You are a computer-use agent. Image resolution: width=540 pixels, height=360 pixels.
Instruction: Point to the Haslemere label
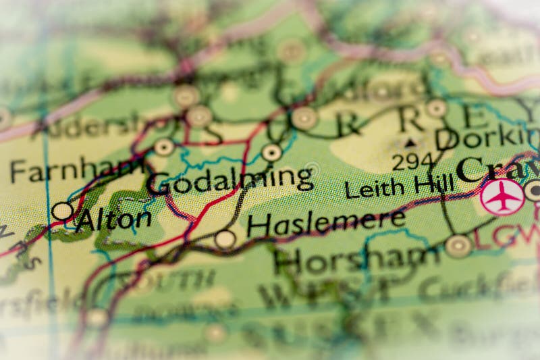click(326, 222)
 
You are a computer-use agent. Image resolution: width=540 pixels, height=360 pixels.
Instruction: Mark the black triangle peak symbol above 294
click(410, 143)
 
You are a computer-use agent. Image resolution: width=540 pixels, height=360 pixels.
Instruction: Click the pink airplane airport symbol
click(502, 197)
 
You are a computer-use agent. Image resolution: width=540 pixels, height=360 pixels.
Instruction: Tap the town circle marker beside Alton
click(63, 211)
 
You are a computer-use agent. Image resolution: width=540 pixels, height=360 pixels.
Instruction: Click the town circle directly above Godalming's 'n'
click(271, 153)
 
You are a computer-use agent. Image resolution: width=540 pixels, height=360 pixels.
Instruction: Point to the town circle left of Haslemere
click(225, 239)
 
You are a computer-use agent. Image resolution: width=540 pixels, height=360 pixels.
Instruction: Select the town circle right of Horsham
click(458, 245)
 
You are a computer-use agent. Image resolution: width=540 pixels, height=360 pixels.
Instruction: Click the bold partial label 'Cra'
click(497, 169)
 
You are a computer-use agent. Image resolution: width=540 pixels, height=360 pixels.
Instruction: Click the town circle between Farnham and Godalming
click(164, 147)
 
